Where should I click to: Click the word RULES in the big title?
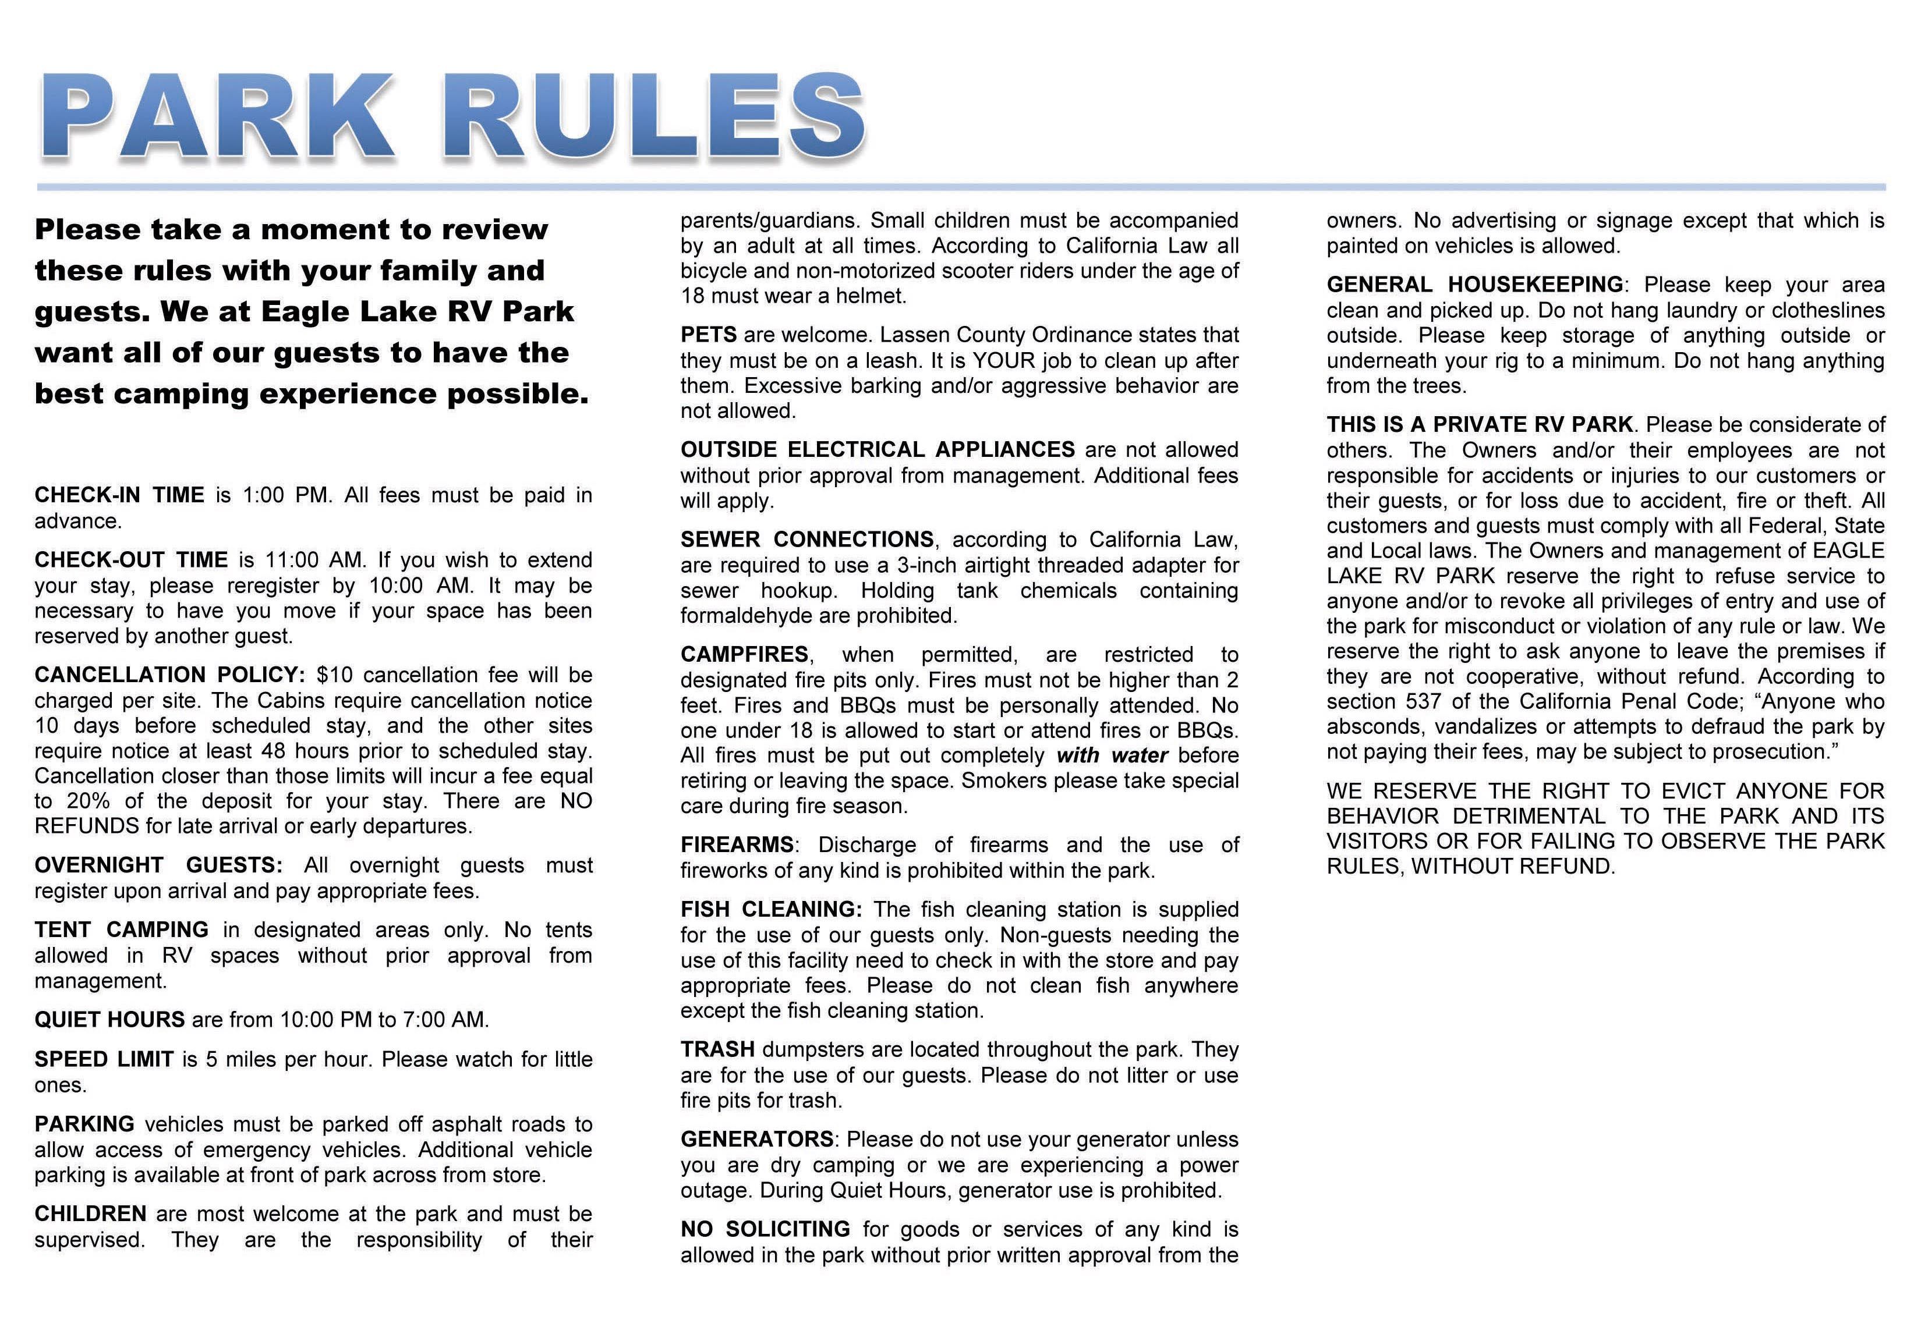tap(661, 116)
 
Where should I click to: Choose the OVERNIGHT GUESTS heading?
tap(158, 865)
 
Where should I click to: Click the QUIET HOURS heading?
tap(109, 1020)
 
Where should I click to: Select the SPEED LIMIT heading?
tap(104, 1059)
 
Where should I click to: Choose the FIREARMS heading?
tap(737, 846)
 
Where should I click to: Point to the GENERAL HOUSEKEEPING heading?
tap(1474, 285)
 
